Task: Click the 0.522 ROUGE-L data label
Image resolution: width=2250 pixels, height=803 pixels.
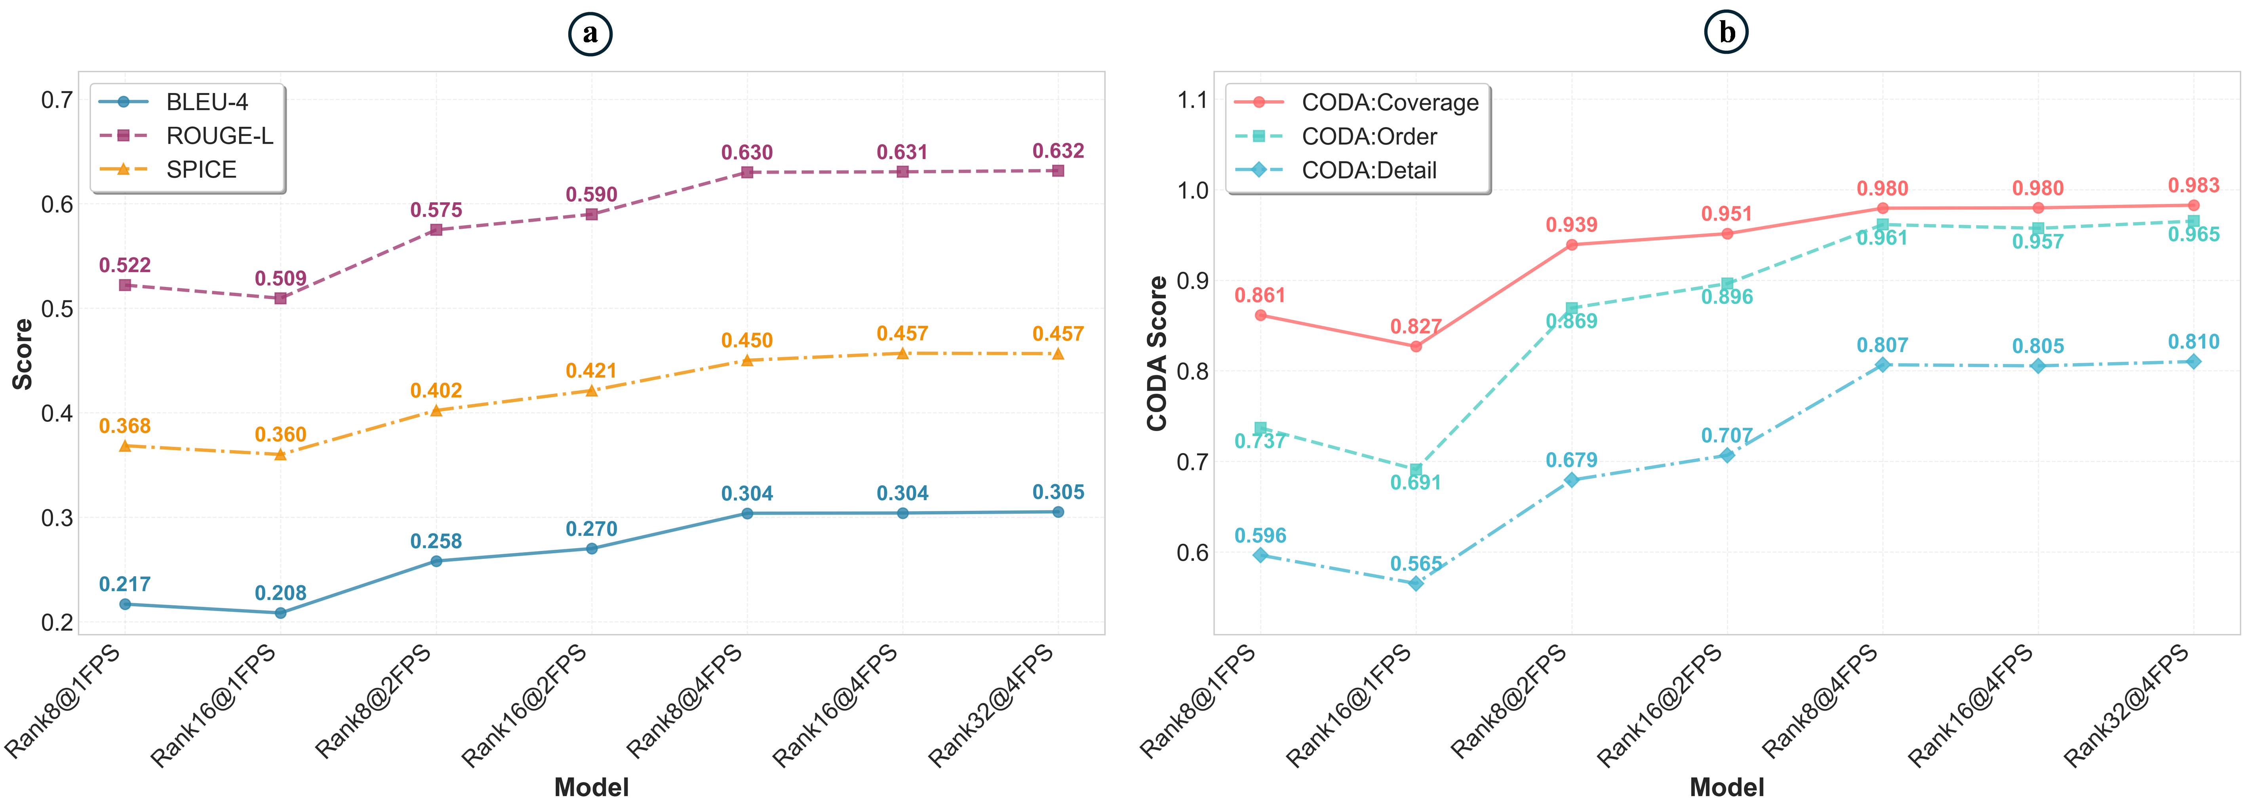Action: (x=125, y=265)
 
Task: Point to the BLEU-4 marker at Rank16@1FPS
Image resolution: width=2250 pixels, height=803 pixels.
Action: (x=280, y=613)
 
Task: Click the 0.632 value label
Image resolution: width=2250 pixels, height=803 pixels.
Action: (x=1058, y=151)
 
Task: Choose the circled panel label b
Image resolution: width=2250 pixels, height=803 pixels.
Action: (x=1727, y=33)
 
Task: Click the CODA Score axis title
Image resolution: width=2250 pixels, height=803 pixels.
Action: (x=1157, y=353)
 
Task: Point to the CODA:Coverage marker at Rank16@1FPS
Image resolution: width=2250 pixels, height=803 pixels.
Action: (x=1416, y=347)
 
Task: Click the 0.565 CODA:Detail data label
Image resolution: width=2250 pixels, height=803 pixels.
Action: (x=1416, y=564)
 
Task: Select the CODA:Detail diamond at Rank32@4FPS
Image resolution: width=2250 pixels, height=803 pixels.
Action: (x=2193, y=361)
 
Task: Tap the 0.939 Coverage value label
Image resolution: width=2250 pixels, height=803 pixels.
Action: (x=1571, y=225)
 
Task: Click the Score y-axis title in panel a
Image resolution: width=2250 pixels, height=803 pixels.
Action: (x=23, y=353)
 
